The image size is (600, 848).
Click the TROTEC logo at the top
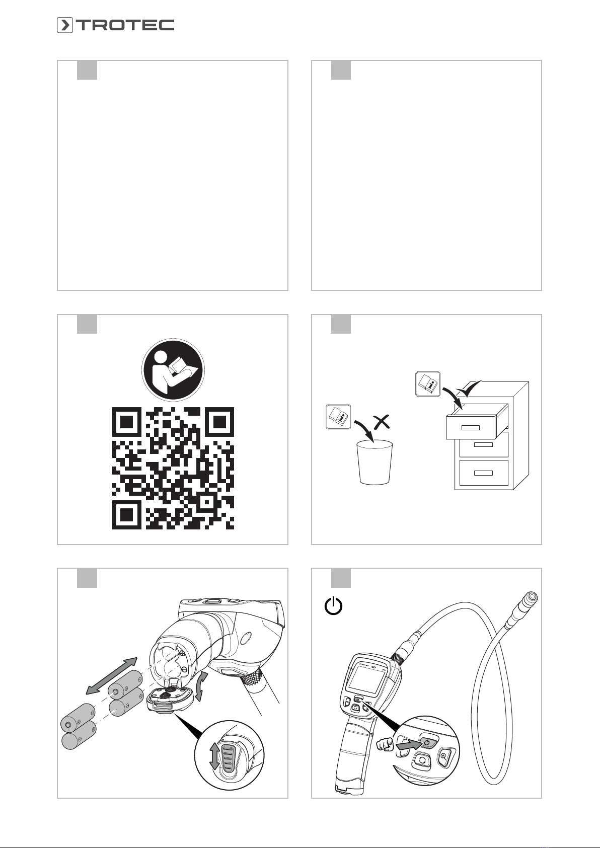(115, 25)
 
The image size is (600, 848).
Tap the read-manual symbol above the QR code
(173, 370)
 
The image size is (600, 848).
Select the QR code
(173, 469)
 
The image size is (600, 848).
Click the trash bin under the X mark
(375, 462)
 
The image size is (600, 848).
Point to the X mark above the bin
(382, 422)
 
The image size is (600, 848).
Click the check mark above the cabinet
(469, 389)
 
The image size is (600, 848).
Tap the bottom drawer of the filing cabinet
(483, 473)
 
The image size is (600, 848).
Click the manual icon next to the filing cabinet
(428, 384)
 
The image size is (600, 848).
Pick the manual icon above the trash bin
(338, 417)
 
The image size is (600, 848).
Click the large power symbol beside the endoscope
(334, 606)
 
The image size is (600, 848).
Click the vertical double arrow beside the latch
(214, 756)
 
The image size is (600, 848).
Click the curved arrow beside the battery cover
(201, 686)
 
